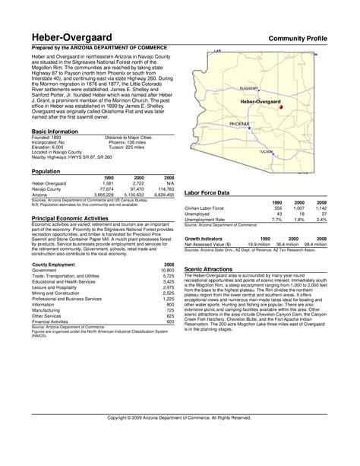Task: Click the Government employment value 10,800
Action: [166, 270]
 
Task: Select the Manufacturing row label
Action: [46, 311]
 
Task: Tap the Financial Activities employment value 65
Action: [170, 322]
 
